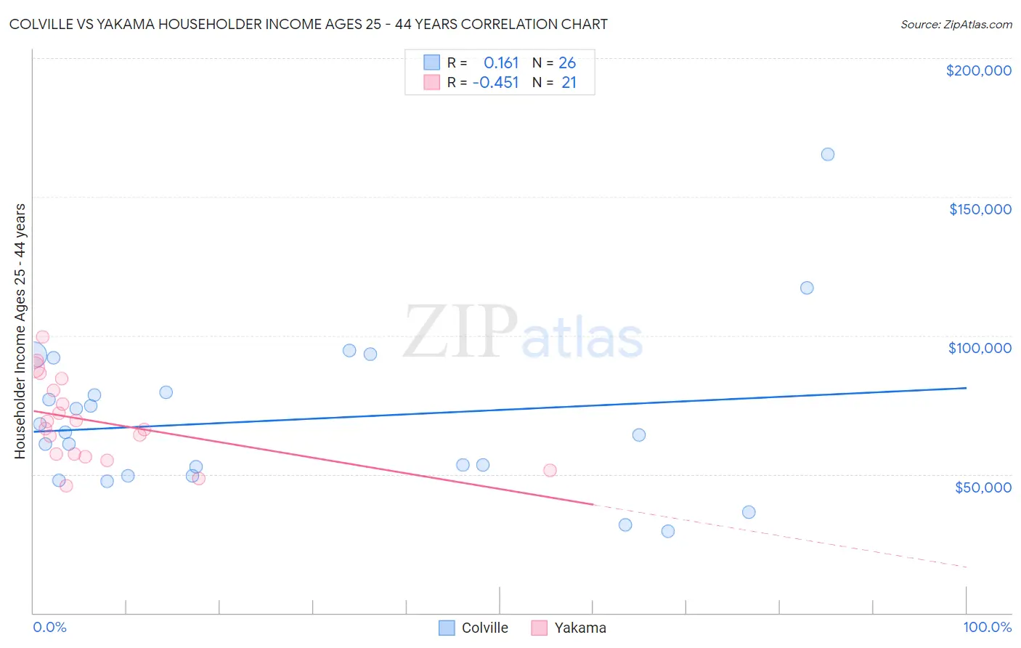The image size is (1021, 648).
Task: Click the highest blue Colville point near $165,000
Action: click(x=827, y=154)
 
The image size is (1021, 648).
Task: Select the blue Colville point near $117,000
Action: click(x=807, y=288)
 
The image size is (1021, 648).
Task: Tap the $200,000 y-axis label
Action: click(x=978, y=70)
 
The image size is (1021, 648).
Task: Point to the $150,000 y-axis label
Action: click(x=980, y=209)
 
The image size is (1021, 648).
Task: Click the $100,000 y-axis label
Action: click(x=980, y=348)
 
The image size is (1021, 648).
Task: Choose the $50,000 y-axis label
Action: click(x=983, y=487)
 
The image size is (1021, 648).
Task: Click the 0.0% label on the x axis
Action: click(x=49, y=627)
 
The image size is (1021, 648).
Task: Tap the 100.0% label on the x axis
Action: click(x=987, y=627)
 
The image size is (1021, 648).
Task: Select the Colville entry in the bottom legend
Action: click(x=484, y=628)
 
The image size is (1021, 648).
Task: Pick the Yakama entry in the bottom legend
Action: click(x=579, y=628)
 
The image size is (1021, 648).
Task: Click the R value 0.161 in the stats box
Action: click(x=501, y=62)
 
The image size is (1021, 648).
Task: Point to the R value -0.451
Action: click(x=495, y=82)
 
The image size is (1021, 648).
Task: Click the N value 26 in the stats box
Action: click(x=567, y=62)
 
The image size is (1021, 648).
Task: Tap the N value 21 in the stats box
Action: click(x=569, y=82)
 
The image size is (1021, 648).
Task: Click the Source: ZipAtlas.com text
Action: click(x=956, y=25)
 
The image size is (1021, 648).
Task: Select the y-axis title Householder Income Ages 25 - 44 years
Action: click(x=20, y=331)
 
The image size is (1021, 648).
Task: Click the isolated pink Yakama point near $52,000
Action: click(x=550, y=470)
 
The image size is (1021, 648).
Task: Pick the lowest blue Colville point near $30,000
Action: click(x=668, y=531)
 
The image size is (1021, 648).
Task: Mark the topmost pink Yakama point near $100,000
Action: click(x=43, y=336)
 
